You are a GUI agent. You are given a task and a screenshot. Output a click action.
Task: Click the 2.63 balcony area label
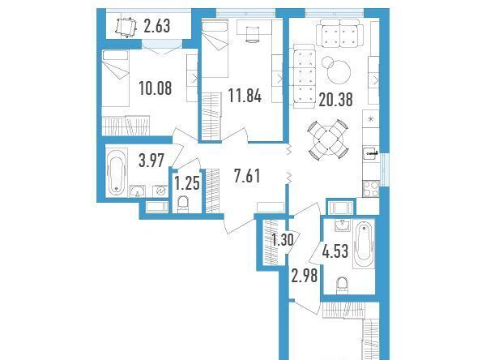[x=157, y=26]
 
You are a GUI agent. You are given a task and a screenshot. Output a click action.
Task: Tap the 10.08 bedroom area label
[x=156, y=88]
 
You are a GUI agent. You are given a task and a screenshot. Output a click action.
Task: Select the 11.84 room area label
[x=245, y=96]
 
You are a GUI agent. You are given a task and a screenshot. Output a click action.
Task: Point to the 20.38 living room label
[x=335, y=100]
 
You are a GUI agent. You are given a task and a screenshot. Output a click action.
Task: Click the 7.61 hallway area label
[x=247, y=176]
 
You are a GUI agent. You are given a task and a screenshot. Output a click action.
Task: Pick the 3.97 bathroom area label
[x=151, y=161]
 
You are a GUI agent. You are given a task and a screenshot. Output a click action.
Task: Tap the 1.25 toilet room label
[x=187, y=183]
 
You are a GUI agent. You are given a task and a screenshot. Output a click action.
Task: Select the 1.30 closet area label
[x=282, y=240]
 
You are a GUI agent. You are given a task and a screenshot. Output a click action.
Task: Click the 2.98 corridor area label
[x=305, y=276]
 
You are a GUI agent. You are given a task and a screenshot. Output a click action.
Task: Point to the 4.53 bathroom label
[x=335, y=251]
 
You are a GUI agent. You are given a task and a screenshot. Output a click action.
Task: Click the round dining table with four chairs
[x=328, y=139]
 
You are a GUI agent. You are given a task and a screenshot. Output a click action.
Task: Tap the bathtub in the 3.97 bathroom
[x=116, y=173]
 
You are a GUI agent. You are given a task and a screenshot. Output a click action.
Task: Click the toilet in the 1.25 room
[x=183, y=204]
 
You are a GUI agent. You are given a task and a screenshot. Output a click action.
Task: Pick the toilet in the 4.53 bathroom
[x=342, y=285]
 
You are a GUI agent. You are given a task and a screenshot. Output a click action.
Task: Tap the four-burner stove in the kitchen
[x=371, y=189]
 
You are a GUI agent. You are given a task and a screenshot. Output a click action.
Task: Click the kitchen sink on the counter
[x=371, y=152]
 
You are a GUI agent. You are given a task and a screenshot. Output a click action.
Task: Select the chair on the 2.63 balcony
[x=126, y=27]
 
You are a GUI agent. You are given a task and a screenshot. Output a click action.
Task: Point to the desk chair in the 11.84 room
[x=253, y=34]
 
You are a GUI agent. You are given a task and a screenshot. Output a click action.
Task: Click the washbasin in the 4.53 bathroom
[x=343, y=225]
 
